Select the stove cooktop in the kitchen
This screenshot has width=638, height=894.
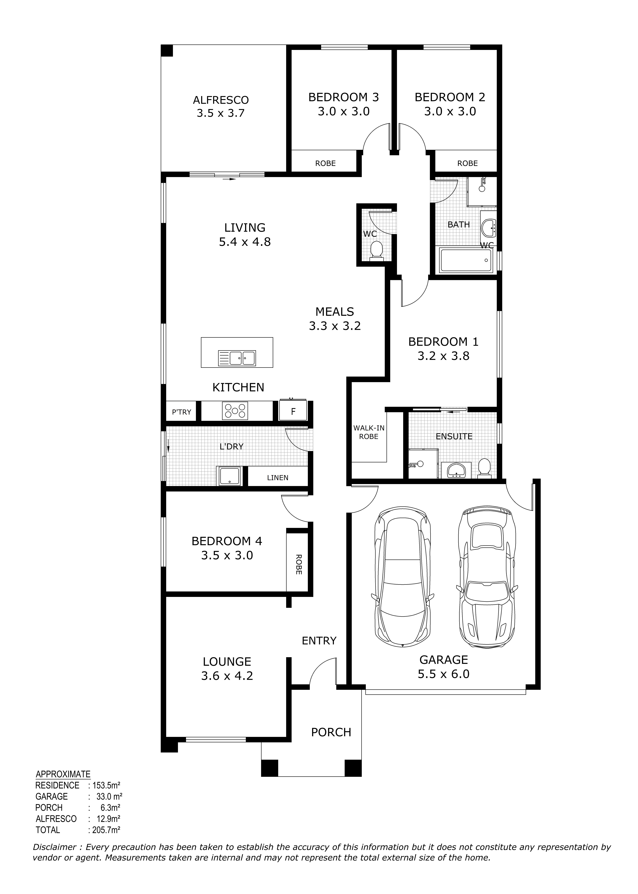click(235, 411)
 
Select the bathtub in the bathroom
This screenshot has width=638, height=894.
click(466, 260)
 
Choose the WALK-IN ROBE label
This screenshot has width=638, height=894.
click(369, 432)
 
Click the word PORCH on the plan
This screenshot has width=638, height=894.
click(331, 732)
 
